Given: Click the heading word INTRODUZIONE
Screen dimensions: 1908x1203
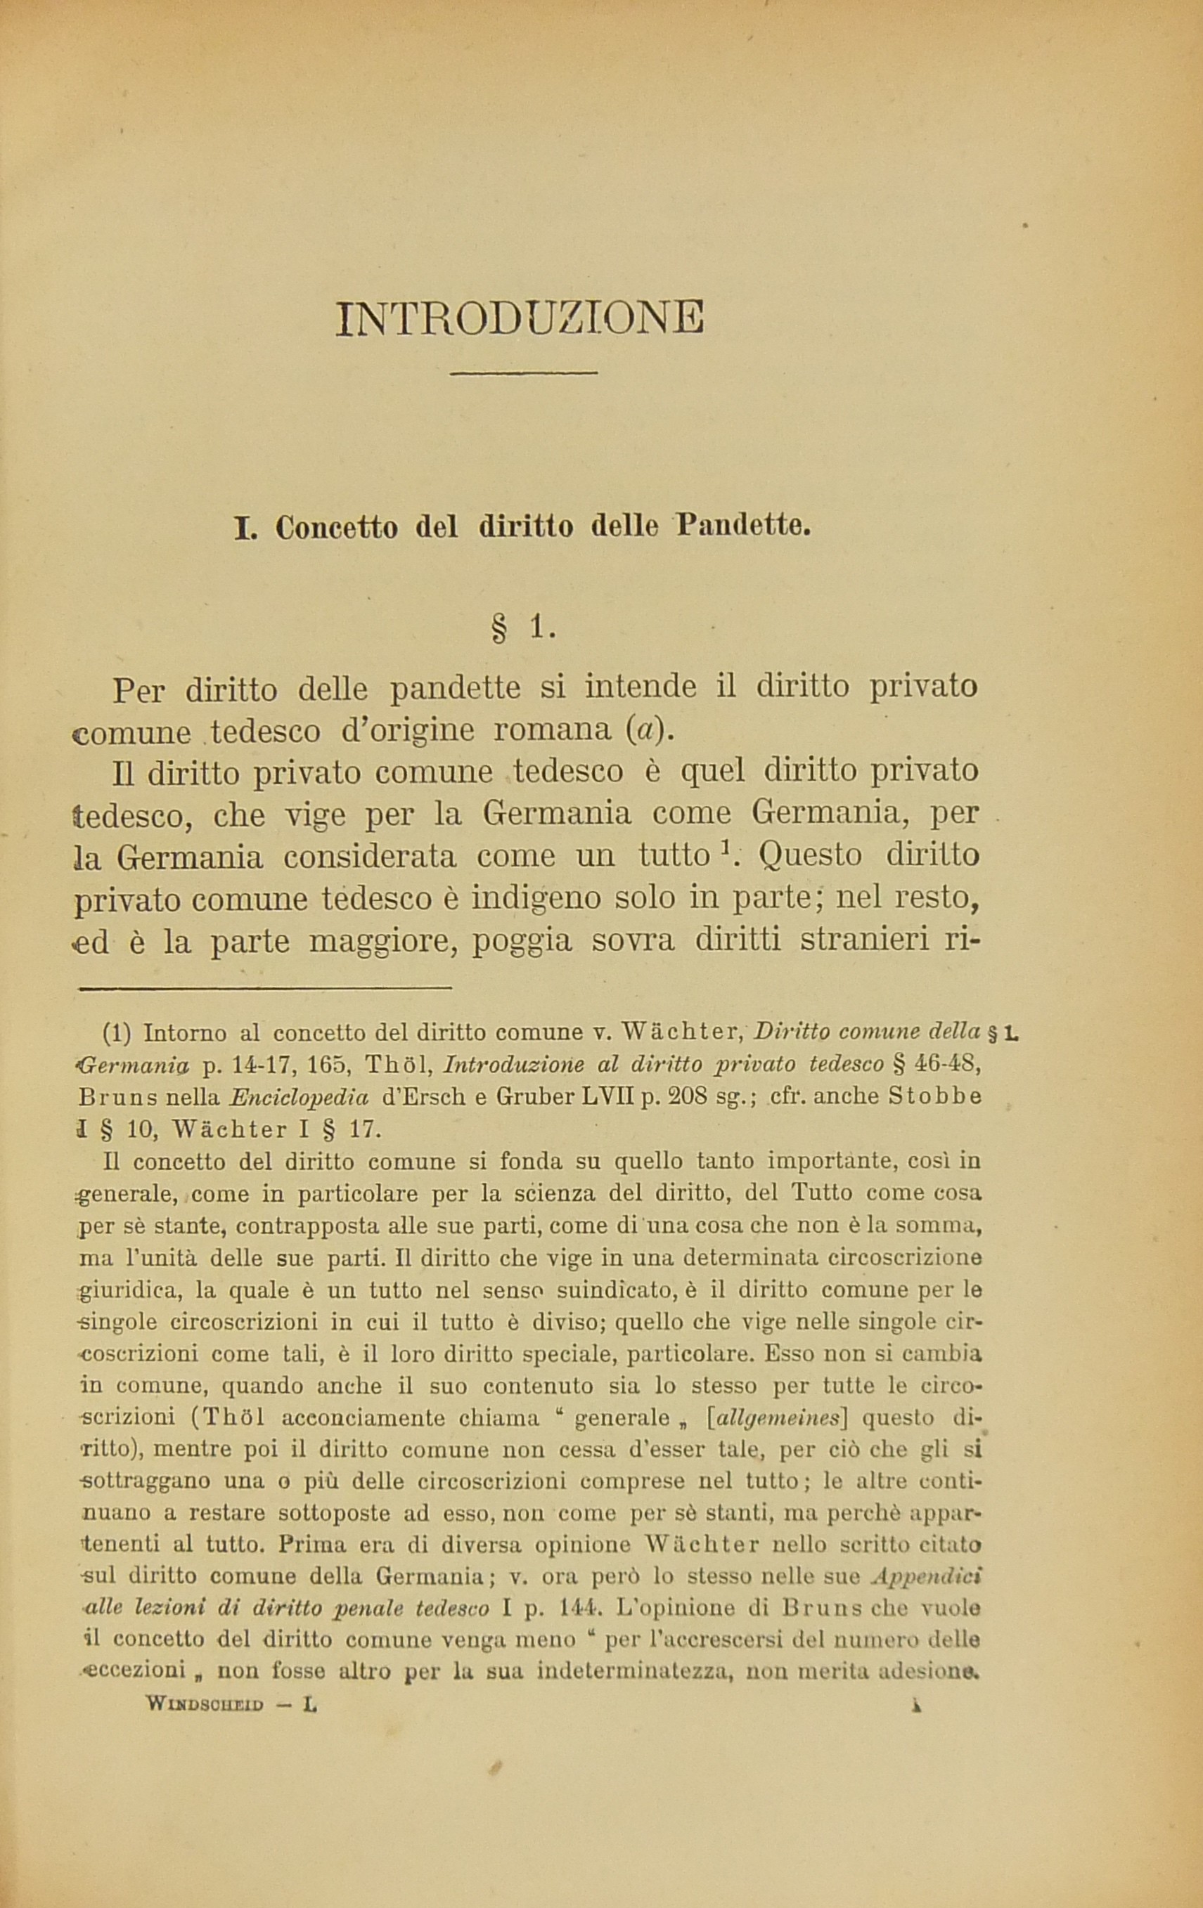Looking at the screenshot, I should tap(519, 318).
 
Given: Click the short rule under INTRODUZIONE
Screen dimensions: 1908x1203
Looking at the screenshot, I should tap(523, 373).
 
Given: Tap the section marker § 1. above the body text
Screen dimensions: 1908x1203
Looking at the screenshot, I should tap(524, 628).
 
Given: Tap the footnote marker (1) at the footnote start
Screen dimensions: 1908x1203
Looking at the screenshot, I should tap(117, 1033).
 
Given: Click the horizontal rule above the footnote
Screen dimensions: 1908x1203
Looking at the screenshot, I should tap(264, 988).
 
